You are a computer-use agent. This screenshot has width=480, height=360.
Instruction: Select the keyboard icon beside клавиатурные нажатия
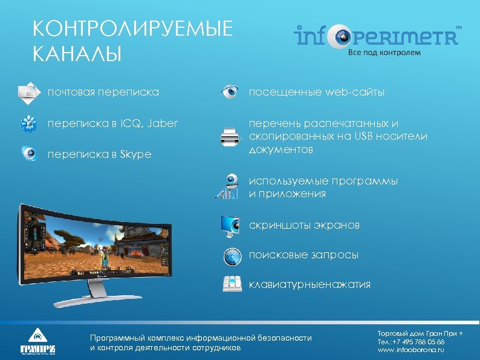[x=232, y=284]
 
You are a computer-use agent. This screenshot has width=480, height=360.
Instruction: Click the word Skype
[x=137, y=154]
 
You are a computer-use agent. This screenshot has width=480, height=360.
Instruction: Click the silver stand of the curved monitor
[x=99, y=293]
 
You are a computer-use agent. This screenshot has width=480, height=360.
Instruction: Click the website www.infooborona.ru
[x=410, y=350]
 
